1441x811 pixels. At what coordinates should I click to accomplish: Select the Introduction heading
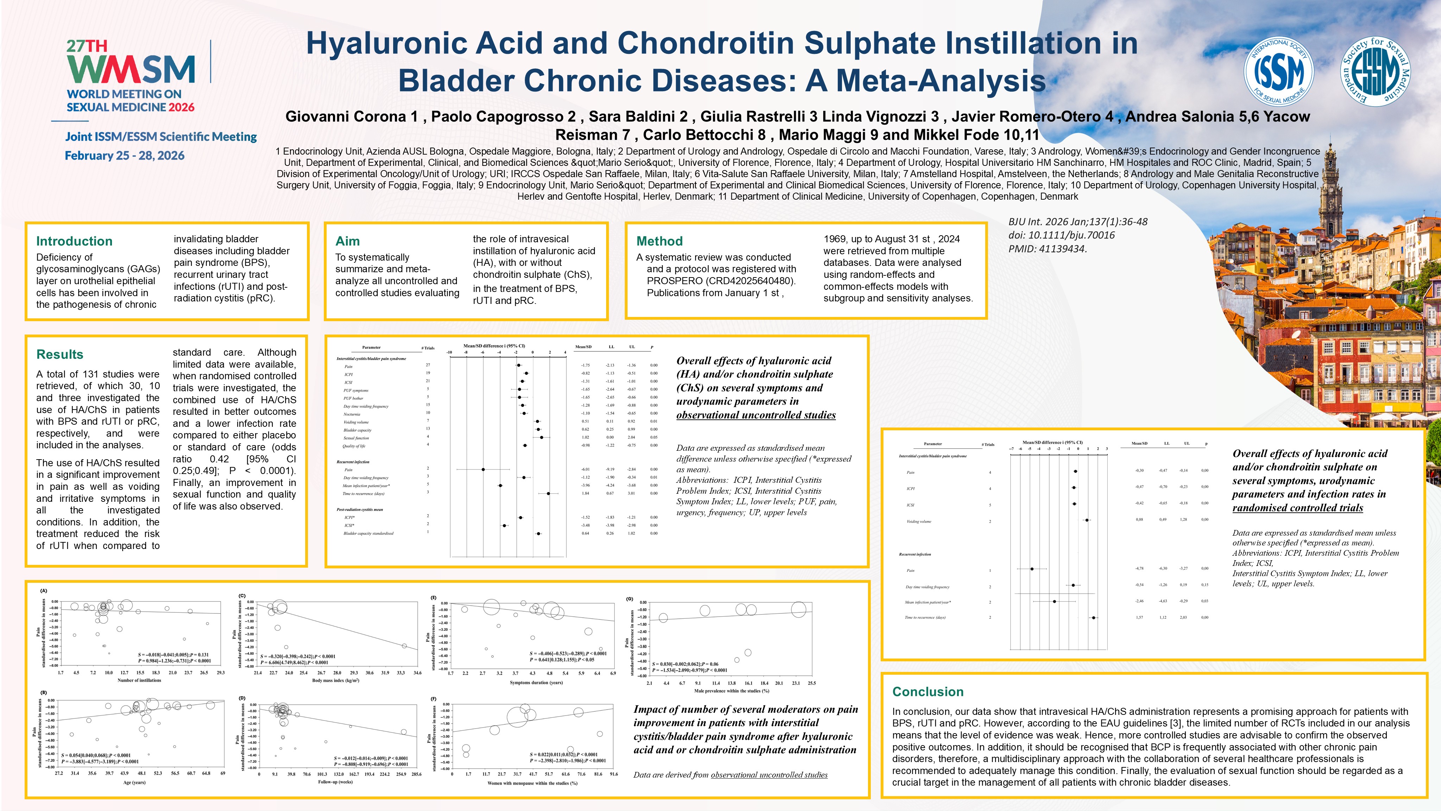click(74, 241)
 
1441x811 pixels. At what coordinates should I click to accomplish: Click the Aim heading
click(347, 241)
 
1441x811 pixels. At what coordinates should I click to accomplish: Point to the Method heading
click(660, 241)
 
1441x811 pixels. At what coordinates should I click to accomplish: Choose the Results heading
click(60, 354)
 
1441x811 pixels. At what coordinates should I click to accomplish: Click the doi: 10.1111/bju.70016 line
click(1061, 235)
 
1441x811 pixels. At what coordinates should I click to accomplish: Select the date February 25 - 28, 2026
click(125, 156)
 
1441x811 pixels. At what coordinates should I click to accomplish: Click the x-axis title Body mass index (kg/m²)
click(336, 681)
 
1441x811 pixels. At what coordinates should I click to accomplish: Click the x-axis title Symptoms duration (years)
click(536, 682)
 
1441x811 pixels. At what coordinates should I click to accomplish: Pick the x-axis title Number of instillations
click(139, 681)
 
